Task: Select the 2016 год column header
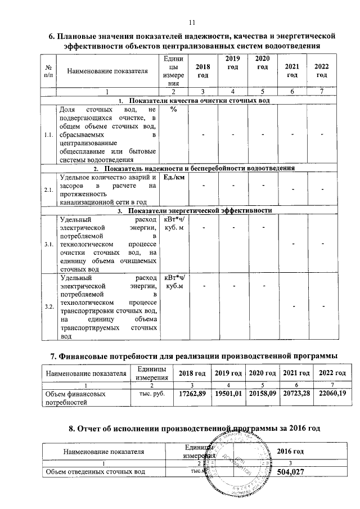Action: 290,451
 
